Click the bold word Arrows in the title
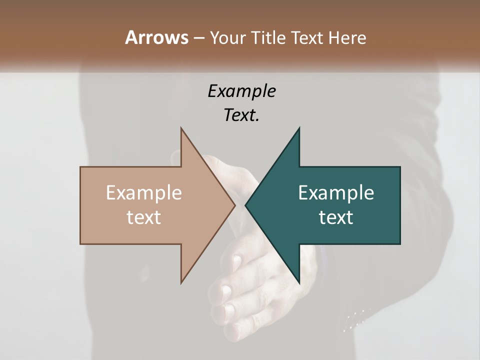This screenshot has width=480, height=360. tap(156, 37)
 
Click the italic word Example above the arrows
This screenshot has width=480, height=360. tap(241, 91)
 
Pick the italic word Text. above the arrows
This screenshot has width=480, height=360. tap(241, 115)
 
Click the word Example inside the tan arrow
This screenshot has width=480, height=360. tap(144, 193)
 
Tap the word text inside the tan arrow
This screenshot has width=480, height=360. tap(144, 217)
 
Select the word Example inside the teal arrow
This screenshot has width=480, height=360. tap(336, 193)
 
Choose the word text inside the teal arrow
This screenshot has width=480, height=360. tap(336, 217)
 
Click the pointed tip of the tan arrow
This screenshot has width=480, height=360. tap(235, 205)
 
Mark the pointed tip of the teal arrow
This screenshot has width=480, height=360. tap(245, 205)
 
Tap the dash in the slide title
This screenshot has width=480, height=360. tap(198, 37)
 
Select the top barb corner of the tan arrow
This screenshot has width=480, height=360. tap(181, 128)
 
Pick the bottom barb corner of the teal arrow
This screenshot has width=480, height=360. tap(299, 283)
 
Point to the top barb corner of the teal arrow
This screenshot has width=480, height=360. tap(299, 128)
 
